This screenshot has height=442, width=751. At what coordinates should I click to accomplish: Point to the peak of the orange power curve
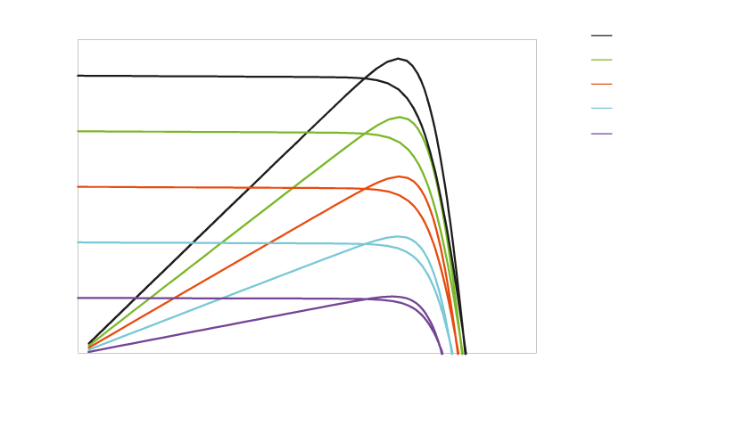(x=401, y=176)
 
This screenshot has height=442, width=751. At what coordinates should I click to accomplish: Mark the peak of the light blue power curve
(x=400, y=236)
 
